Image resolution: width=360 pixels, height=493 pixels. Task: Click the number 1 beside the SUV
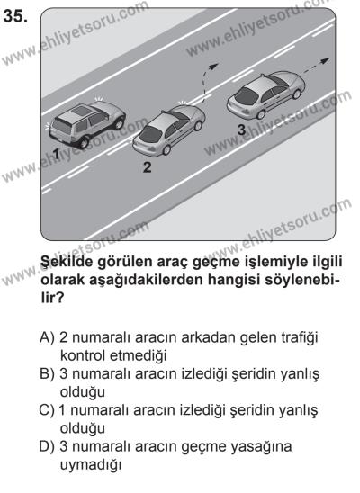tap(56, 155)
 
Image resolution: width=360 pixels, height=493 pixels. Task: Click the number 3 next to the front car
tap(241, 130)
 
